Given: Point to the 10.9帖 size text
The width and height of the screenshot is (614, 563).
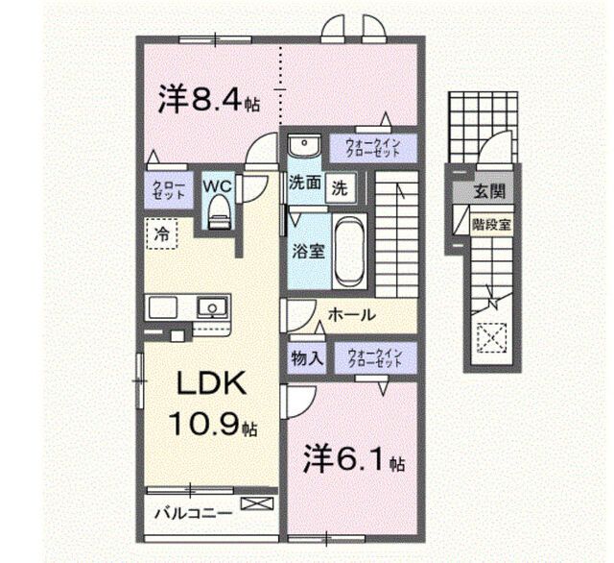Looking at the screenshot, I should pyautogui.click(x=214, y=425).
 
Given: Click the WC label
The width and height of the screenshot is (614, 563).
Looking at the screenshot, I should pyautogui.click(x=214, y=183).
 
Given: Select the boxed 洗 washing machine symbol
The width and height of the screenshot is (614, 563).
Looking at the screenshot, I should pyautogui.click(x=340, y=186).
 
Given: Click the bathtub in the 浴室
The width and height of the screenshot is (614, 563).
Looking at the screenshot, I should pyautogui.click(x=347, y=250).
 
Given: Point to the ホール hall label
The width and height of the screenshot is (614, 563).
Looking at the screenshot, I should pyautogui.click(x=350, y=314).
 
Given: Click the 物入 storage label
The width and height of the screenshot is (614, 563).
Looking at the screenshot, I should pyautogui.click(x=306, y=358).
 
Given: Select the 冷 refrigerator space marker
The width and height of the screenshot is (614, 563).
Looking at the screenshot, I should pyautogui.click(x=161, y=233).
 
